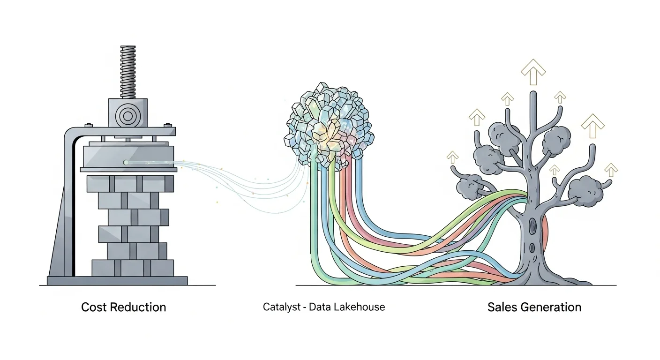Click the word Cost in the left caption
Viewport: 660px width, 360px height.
(x=93, y=307)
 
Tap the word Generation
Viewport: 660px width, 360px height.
(x=551, y=307)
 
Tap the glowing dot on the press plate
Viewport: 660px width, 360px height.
(x=126, y=162)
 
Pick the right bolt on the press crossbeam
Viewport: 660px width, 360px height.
(x=166, y=125)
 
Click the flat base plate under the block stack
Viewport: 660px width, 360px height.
(x=117, y=280)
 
